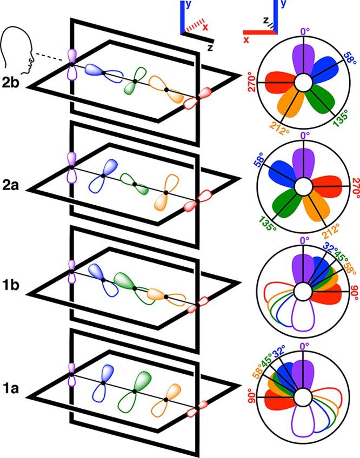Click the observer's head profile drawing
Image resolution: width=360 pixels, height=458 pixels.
click(16, 51)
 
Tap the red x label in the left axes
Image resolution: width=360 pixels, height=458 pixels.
click(205, 28)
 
